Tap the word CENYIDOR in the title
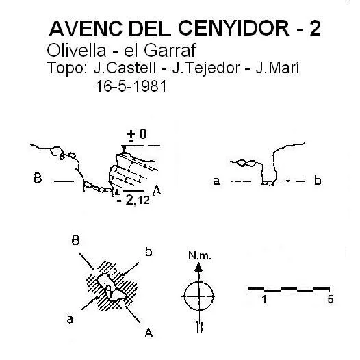[233, 29]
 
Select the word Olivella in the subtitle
[76, 50]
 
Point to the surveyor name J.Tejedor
[206, 68]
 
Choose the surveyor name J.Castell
[125, 68]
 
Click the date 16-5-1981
[131, 86]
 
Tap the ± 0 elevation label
[137, 135]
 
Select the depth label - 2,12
[133, 201]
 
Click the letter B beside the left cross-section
[38, 178]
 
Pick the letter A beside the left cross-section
[157, 190]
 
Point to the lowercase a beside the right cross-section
[217, 181]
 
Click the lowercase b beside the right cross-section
[318, 181]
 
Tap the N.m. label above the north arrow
[200, 255]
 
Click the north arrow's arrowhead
[198, 267]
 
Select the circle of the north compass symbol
[199, 281]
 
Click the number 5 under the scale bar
[330, 299]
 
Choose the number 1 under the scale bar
[264, 299]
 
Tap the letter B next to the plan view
[76, 240]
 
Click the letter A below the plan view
[149, 332]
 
